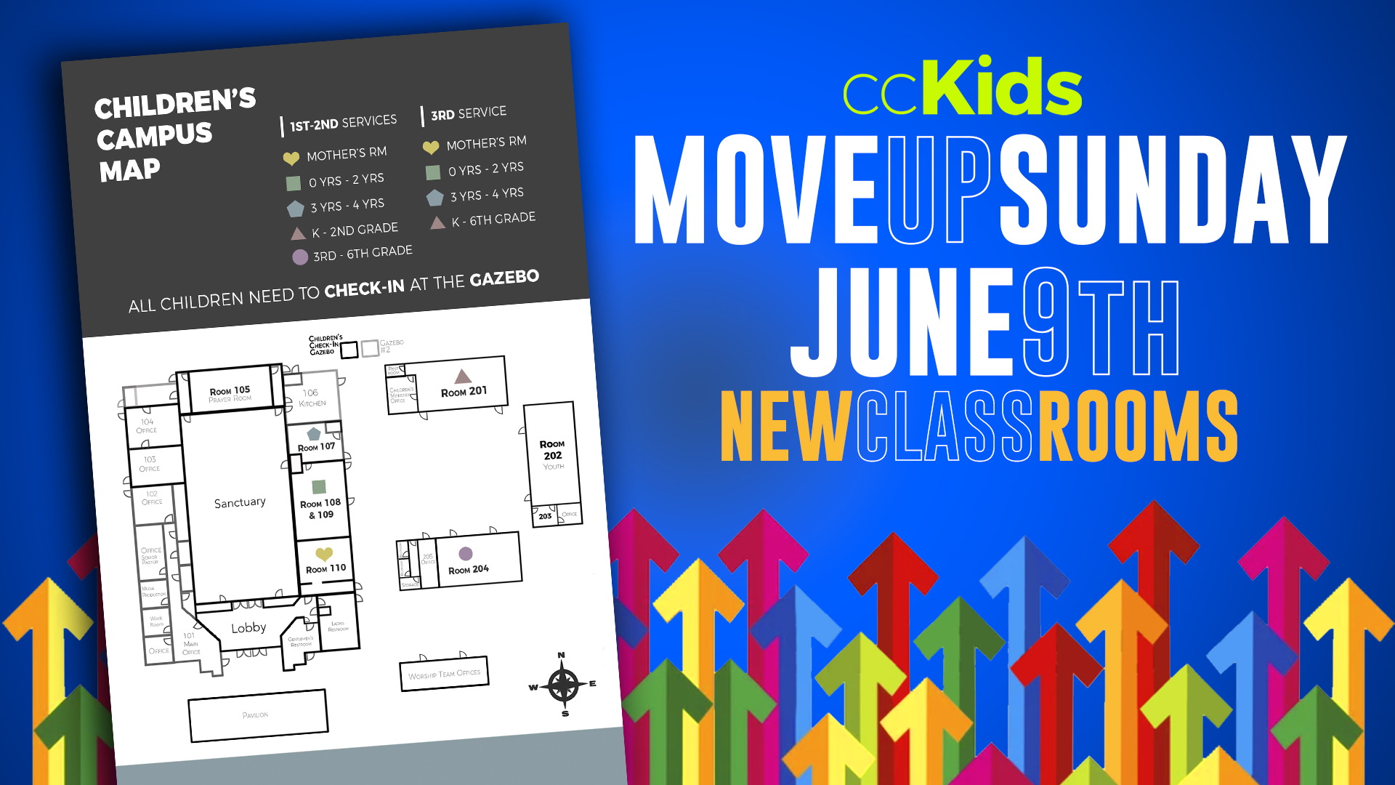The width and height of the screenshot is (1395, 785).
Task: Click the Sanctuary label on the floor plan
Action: (240, 502)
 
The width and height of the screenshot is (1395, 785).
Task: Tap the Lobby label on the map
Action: (248, 627)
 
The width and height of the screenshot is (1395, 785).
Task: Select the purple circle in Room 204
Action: (466, 554)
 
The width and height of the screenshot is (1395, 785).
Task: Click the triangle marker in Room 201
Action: (463, 377)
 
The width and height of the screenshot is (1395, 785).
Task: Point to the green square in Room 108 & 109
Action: (319, 486)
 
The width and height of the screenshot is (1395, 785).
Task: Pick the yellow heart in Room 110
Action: (324, 554)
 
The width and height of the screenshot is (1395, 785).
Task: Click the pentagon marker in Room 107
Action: (314, 434)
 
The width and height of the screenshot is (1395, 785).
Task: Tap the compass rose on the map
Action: (563, 685)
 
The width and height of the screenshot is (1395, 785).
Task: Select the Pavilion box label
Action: (256, 715)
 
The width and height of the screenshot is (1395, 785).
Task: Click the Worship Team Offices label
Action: (444, 674)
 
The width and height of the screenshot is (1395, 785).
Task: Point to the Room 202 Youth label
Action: (552, 454)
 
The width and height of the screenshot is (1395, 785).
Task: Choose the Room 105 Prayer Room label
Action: (230, 394)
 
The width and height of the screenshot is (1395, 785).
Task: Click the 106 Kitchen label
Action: (312, 398)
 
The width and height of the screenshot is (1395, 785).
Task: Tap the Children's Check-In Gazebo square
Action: (349, 350)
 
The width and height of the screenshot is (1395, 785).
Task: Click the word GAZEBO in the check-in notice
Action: (504, 278)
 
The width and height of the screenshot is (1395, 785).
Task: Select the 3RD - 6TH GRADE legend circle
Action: (300, 257)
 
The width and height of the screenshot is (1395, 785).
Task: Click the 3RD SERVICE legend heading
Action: (469, 113)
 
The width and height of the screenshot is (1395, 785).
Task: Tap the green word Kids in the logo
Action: (1006, 87)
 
